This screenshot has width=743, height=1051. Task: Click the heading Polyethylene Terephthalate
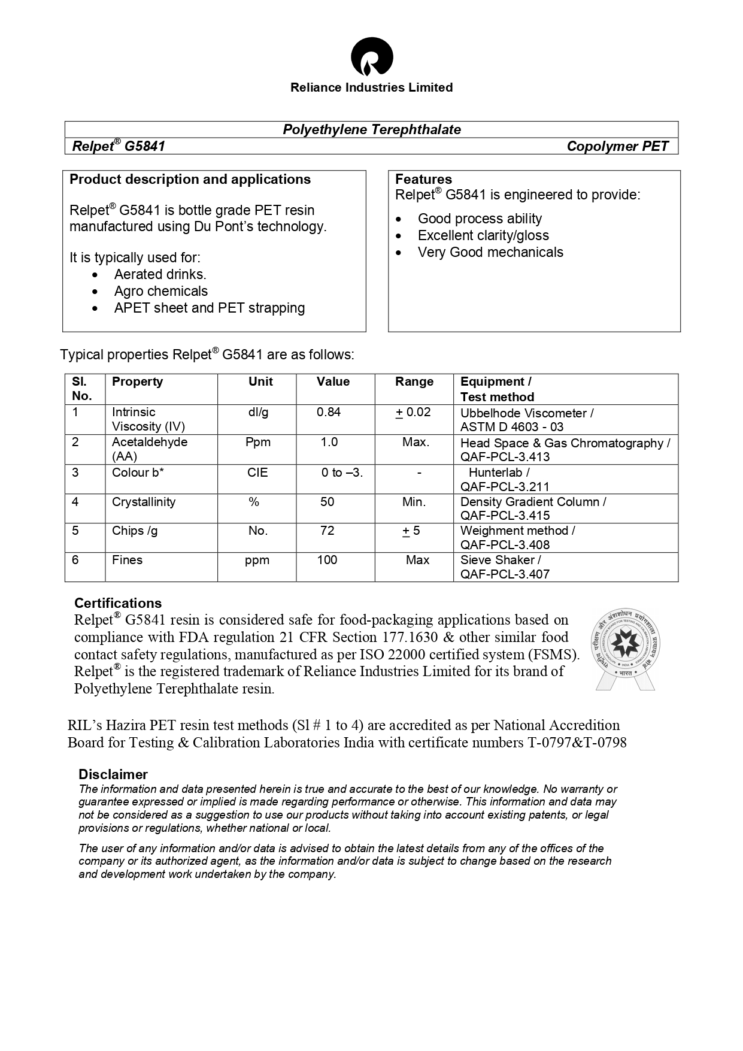(x=372, y=129)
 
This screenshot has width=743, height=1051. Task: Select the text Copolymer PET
(x=617, y=146)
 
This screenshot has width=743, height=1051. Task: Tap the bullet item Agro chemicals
(x=160, y=291)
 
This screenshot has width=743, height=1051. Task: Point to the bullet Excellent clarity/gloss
(x=483, y=235)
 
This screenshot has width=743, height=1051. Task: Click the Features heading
(x=423, y=179)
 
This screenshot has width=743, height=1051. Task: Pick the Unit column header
(x=260, y=381)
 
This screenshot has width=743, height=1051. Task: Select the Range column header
(x=414, y=381)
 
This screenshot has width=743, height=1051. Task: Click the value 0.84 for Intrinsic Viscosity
(x=329, y=412)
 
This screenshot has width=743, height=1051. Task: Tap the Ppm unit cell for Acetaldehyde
(x=258, y=442)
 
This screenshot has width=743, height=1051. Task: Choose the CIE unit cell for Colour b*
(x=257, y=473)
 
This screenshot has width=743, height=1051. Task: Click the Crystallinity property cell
(x=144, y=502)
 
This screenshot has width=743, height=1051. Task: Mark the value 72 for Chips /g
(x=327, y=531)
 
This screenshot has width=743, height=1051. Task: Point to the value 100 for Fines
(x=327, y=560)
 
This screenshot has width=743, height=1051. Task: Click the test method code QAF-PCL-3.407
(x=505, y=574)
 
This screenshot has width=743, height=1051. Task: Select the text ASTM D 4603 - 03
(x=512, y=427)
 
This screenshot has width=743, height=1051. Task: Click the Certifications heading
(x=118, y=603)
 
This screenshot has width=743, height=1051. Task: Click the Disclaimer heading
(x=113, y=774)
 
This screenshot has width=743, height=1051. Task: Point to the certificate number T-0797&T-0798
(x=577, y=743)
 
